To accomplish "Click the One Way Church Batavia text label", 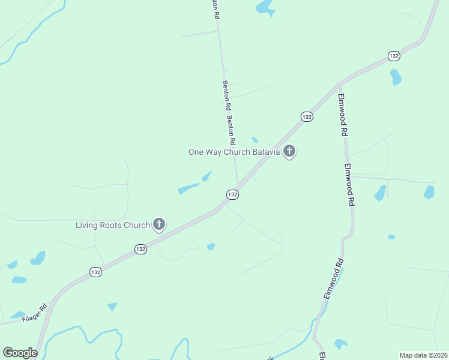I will [234, 152].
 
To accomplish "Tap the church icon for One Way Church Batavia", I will [289, 151].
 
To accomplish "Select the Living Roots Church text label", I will [112, 225].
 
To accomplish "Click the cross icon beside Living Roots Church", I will [159, 224].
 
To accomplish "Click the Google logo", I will [20, 353].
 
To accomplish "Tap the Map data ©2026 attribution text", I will [423, 355].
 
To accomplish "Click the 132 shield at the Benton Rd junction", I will [232, 194].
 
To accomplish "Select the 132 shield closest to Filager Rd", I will [96, 272].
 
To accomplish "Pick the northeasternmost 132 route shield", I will [394, 55].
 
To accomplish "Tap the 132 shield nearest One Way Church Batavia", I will [307, 116].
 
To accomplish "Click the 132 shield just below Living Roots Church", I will [140, 248].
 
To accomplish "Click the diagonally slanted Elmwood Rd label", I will [334, 279].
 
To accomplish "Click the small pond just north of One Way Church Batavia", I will [255, 140].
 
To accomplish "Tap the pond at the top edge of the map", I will [264, 7].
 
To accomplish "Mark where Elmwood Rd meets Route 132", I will [339, 83].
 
